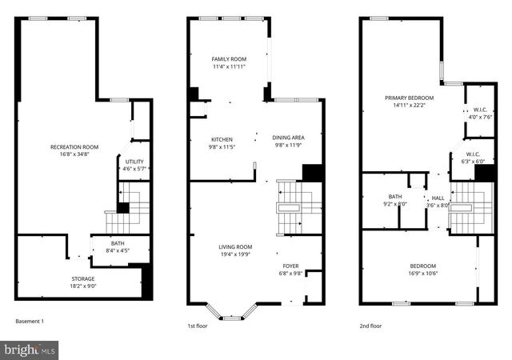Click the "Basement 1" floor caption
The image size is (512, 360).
30,322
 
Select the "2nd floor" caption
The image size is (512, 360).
370,326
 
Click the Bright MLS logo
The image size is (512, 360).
30,350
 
